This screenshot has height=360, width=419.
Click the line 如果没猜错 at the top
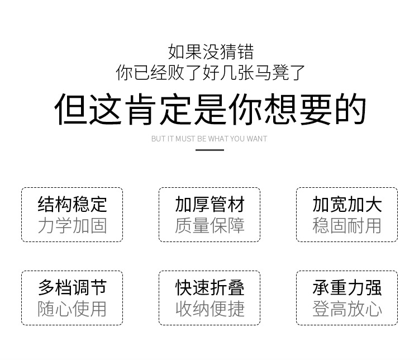click(x=211, y=52)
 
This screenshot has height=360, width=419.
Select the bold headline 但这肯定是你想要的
click(x=211, y=109)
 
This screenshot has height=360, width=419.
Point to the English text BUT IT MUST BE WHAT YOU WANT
click(x=209, y=139)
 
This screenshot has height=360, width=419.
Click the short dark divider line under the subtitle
click(x=209, y=150)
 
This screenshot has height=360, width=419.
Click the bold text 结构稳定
click(x=72, y=205)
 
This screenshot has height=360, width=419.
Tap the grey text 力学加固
click(x=72, y=226)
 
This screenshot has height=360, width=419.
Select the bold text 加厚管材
click(x=209, y=205)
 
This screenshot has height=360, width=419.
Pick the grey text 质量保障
click(x=209, y=226)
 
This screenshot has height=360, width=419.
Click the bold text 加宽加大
click(x=347, y=205)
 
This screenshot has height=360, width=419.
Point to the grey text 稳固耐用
click(x=347, y=226)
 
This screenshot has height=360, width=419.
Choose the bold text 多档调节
click(x=72, y=287)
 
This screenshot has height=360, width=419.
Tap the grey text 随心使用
click(x=72, y=309)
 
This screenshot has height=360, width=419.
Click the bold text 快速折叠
click(x=209, y=287)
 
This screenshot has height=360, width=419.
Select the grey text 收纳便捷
click(x=209, y=309)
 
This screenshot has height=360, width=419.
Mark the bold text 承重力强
click(x=347, y=287)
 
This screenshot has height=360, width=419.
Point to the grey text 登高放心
click(x=347, y=309)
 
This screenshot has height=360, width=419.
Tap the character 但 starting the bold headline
click(x=71, y=109)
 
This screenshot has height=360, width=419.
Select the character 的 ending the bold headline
click(x=350, y=109)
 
